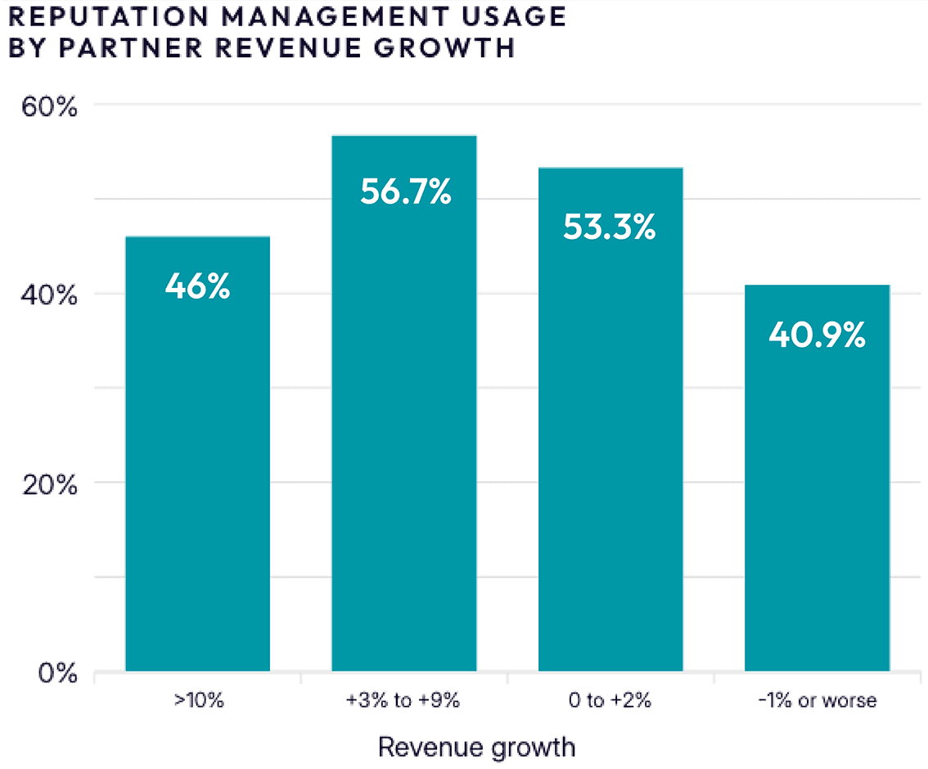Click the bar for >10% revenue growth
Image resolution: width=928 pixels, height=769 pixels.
(197, 474)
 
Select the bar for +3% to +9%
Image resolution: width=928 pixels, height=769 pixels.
(403, 425)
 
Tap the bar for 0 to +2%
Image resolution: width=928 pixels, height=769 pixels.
(610, 442)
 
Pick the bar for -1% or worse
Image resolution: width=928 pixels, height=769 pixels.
(817, 499)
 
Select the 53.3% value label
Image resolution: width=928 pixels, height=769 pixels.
(610, 226)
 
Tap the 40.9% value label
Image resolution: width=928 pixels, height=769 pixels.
(817, 335)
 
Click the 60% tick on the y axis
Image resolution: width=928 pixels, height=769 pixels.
(48, 107)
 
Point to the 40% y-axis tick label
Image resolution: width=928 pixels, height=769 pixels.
(48, 295)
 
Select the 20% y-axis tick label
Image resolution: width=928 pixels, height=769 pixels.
(48, 484)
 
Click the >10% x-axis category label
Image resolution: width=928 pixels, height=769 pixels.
(197, 700)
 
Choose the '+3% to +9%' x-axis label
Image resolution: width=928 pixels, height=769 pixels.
(403, 700)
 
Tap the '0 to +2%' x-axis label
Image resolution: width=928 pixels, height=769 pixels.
(610, 700)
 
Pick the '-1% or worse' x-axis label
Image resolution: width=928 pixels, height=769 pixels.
(817, 700)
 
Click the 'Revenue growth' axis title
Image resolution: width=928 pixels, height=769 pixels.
(476, 747)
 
